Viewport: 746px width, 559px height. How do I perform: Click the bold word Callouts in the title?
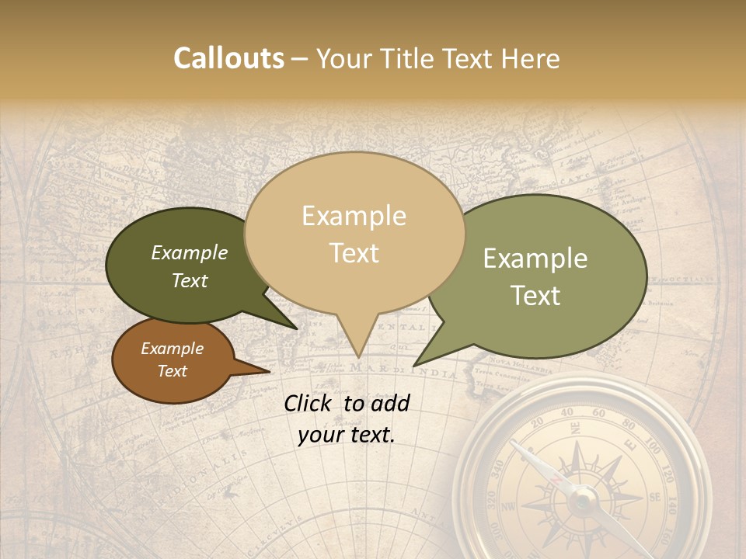point(228,58)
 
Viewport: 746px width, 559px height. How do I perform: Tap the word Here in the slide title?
point(531,59)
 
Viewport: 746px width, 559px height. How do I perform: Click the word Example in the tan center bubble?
point(354,216)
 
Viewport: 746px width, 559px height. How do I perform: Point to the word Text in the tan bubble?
point(354,253)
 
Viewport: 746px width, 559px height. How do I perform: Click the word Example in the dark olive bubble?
point(190,252)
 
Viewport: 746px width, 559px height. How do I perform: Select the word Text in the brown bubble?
point(173,371)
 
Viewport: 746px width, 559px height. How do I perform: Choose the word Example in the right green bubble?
point(535,259)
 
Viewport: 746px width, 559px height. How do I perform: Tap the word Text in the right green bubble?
point(536,296)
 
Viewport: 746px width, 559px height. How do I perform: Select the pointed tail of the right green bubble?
point(415,365)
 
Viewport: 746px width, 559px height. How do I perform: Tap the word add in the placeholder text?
point(390,403)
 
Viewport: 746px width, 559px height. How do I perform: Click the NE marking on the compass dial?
point(574,429)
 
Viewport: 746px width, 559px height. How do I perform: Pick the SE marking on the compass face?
point(654,497)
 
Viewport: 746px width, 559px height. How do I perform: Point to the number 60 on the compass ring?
point(598,412)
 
